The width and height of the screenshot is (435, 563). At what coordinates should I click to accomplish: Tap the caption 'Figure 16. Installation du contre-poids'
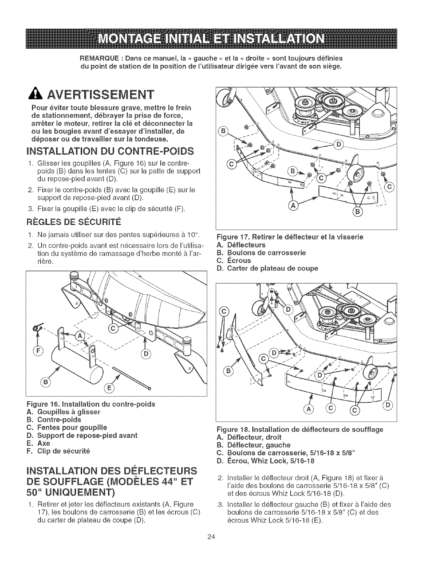91,404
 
